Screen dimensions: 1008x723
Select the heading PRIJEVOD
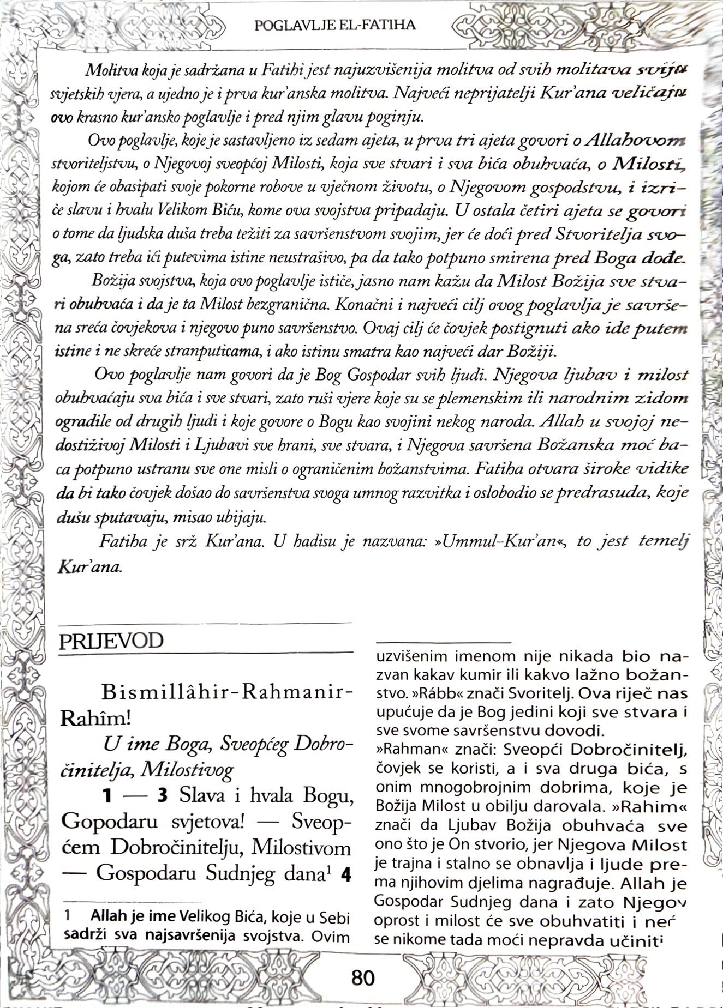pos(111,641)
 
